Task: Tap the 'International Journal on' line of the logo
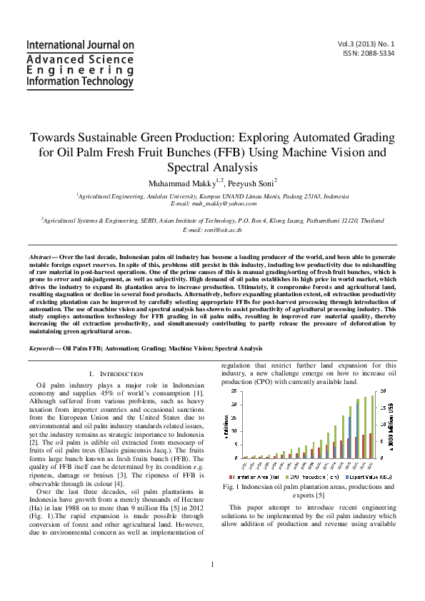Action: tap(80, 45)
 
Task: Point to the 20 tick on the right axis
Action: tap(384, 391)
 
